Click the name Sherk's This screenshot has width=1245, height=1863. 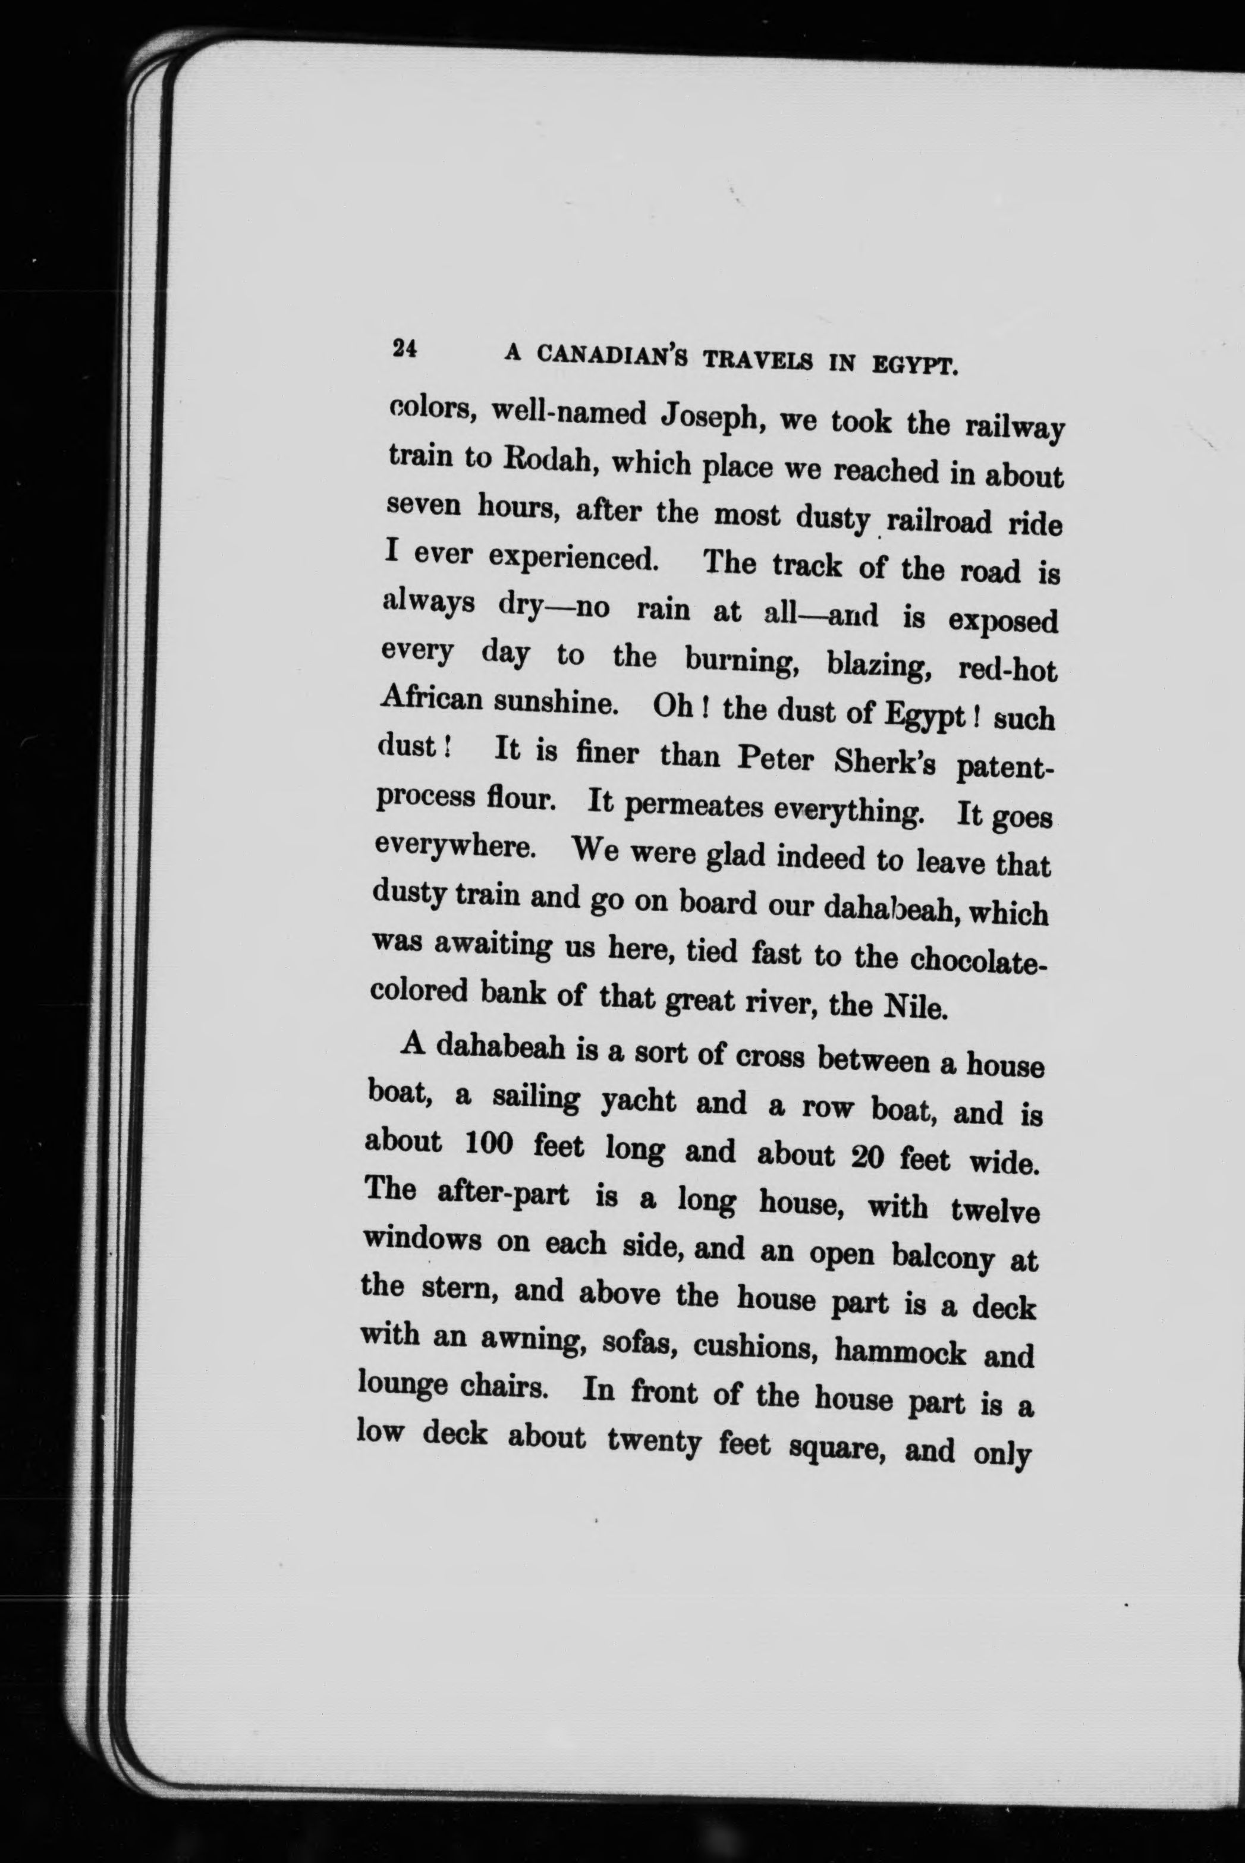coord(885,764)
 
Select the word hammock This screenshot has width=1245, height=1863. coord(900,1352)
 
